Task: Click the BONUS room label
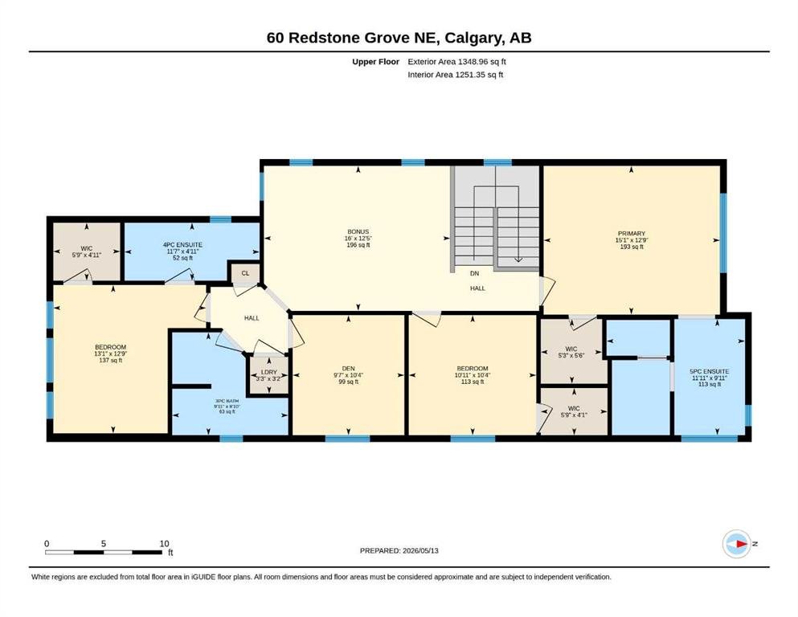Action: pos(358,232)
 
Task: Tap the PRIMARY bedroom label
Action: pos(631,234)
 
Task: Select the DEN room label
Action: pos(348,369)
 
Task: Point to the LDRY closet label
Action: pos(269,372)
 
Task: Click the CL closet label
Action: pos(245,273)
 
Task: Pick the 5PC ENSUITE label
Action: pos(710,372)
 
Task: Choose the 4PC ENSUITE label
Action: pos(182,245)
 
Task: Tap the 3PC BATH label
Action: pos(227,402)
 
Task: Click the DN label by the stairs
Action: pos(474,274)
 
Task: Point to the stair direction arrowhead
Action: pos(518,259)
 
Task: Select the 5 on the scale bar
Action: pos(104,544)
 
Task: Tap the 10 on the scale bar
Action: pos(164,544)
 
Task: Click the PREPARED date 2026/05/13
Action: pos(420,551)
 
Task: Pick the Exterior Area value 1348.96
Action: pos(476,62)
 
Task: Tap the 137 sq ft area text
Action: pos(110,361)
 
